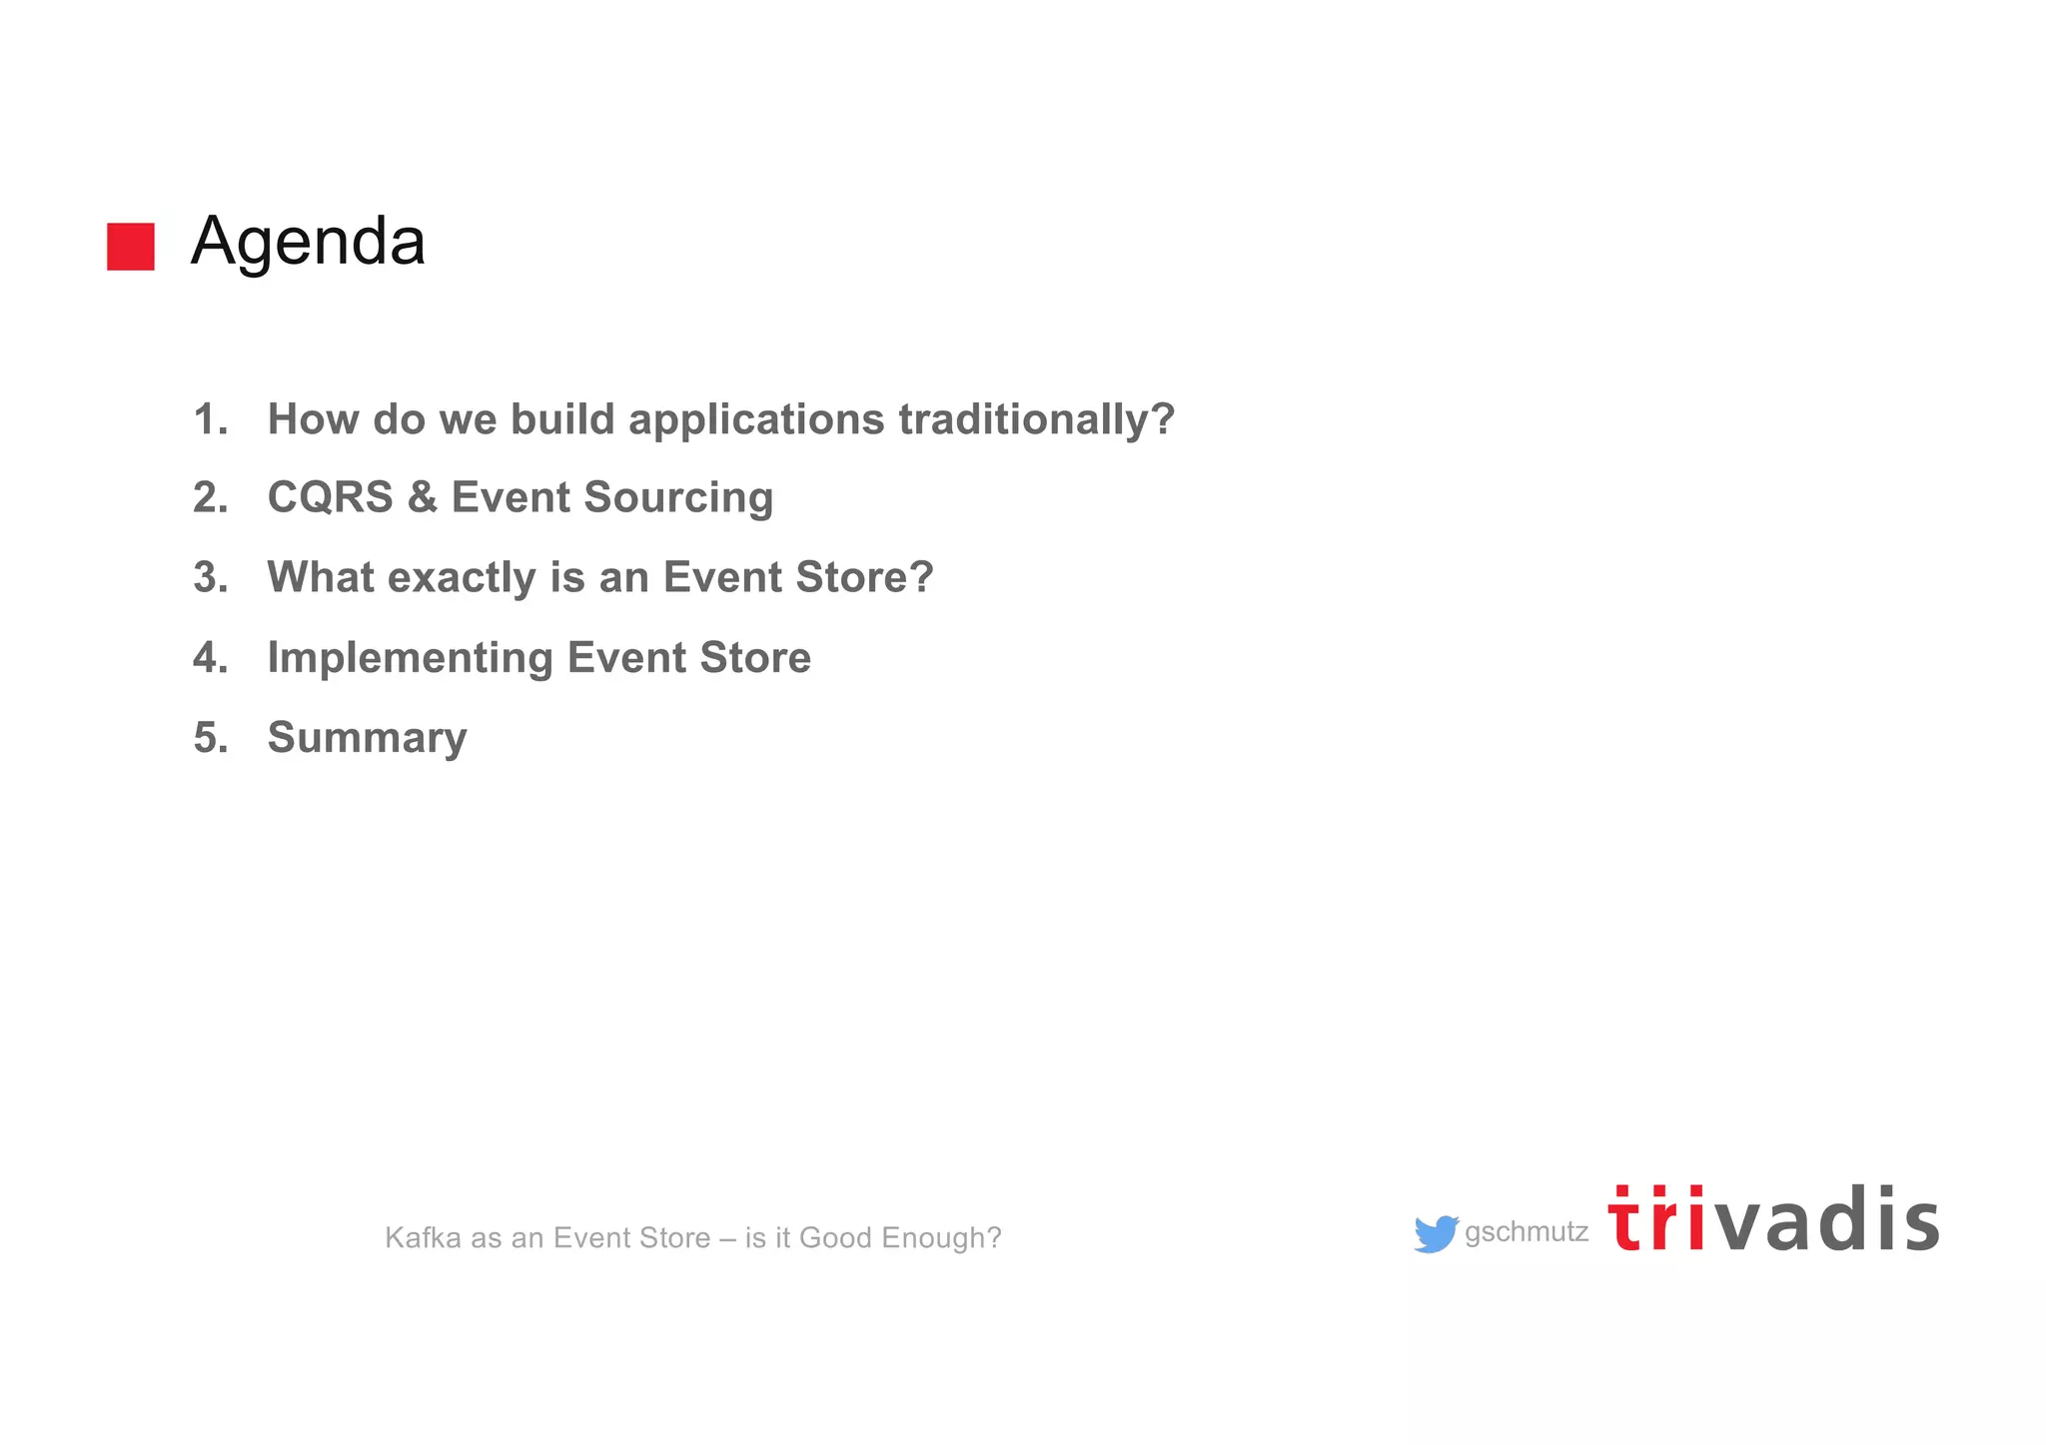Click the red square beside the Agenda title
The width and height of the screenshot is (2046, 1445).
click(131, 247)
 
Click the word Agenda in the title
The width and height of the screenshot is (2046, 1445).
click(308, 243)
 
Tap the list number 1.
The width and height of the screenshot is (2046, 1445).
click(210, 419)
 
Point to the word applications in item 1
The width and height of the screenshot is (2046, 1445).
click(756, 419)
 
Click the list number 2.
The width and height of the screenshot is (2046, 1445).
click(210, 497)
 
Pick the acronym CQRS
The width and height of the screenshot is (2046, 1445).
click(330, 497)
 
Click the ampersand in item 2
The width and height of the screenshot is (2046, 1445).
click(422, 497)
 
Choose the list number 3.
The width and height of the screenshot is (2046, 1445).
click(210, 577)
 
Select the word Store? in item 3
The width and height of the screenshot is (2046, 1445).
click(864, 577)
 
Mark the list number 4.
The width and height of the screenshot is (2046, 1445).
click(210, 658)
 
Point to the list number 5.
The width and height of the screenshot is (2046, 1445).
click(210, 738)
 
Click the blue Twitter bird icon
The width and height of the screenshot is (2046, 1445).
click(1436, 1234)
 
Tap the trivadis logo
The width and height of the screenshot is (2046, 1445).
click(1773, 1220)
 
